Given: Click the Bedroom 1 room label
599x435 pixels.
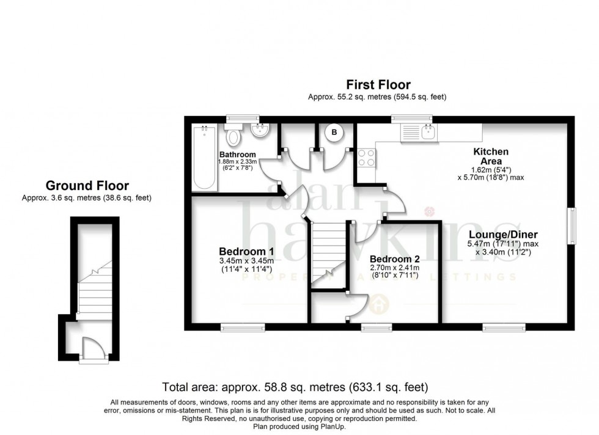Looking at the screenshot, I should (246, 251).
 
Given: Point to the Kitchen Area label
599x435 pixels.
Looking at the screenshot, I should (491, 156).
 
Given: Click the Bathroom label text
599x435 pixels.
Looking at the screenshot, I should (238, 154).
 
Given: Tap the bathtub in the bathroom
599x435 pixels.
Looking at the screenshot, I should (203, 157).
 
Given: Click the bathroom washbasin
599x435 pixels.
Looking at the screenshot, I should (261, 130).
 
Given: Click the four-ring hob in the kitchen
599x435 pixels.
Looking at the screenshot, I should (367, 158).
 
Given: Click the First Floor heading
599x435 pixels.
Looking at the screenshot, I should (378, 85).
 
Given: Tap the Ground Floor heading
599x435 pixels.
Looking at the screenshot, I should (87, 186).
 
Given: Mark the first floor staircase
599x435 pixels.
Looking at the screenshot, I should (329, 254).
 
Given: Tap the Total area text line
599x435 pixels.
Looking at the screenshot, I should (295, 387).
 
